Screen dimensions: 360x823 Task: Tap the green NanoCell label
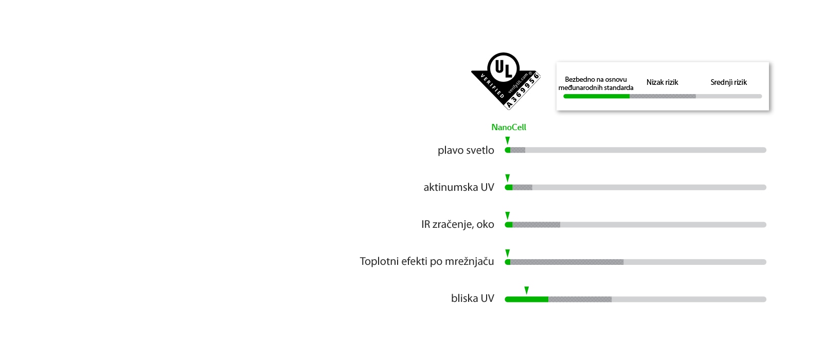point(508,127)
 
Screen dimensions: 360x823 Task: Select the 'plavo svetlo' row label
point(466,150)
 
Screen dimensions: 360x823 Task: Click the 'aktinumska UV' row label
point(458,187)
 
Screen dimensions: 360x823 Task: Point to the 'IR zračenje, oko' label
point(457,224)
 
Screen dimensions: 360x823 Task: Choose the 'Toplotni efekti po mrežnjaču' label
point(426,261)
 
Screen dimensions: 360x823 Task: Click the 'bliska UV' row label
point(472,298)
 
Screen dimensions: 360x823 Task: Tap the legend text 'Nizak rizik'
point(662,82)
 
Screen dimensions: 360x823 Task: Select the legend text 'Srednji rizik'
point(728,82)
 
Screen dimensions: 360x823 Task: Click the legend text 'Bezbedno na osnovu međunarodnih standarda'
point(596,83)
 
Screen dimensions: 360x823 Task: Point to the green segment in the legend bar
point(597,96)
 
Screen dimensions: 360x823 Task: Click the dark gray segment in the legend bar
point(663,96)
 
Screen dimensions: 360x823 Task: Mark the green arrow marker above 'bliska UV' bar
point(526,291)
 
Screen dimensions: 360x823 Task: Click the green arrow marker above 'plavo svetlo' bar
point(508,141)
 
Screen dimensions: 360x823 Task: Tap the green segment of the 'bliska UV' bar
point(526,299)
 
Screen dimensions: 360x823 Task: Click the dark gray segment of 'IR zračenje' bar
point(536,225)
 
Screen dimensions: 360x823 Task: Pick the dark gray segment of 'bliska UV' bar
point(580,299)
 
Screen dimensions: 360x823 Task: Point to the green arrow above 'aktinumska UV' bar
point(508,178)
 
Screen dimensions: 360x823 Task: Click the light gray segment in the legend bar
point(728,96)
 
